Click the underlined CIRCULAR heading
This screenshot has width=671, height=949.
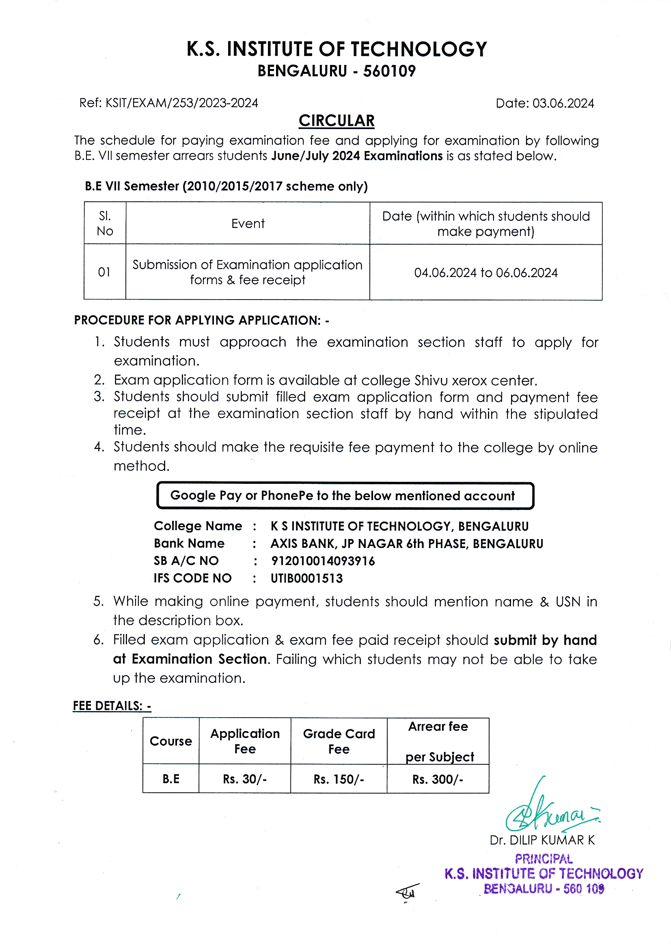click(337, 121)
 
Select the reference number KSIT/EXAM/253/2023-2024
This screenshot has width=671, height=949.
click(181, 103)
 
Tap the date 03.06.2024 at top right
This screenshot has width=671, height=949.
click(563, 104)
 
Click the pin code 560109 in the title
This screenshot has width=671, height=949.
click(389, 71)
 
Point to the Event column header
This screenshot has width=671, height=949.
click(248, 224)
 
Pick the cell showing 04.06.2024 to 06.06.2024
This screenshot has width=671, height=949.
click(486, 273)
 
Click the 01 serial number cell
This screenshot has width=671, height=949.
click(104, 272)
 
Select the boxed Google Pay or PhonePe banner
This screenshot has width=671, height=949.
click(345, 496)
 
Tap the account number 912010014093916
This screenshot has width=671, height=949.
click(323, 561)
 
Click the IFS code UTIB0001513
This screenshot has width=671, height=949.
click(307, 578)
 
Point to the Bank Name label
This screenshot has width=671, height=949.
click(189, 543)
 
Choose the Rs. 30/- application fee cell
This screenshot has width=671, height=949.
click(245, 779)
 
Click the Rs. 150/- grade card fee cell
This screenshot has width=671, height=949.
click(339, 779)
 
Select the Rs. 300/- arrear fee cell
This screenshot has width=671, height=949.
click(438, 779)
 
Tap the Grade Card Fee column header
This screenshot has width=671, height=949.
click(339, 742)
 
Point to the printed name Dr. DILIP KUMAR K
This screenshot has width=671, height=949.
click(542, 840)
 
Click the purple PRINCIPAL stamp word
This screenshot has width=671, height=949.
click(544, 859)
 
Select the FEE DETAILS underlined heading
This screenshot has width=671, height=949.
click(112, 706)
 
